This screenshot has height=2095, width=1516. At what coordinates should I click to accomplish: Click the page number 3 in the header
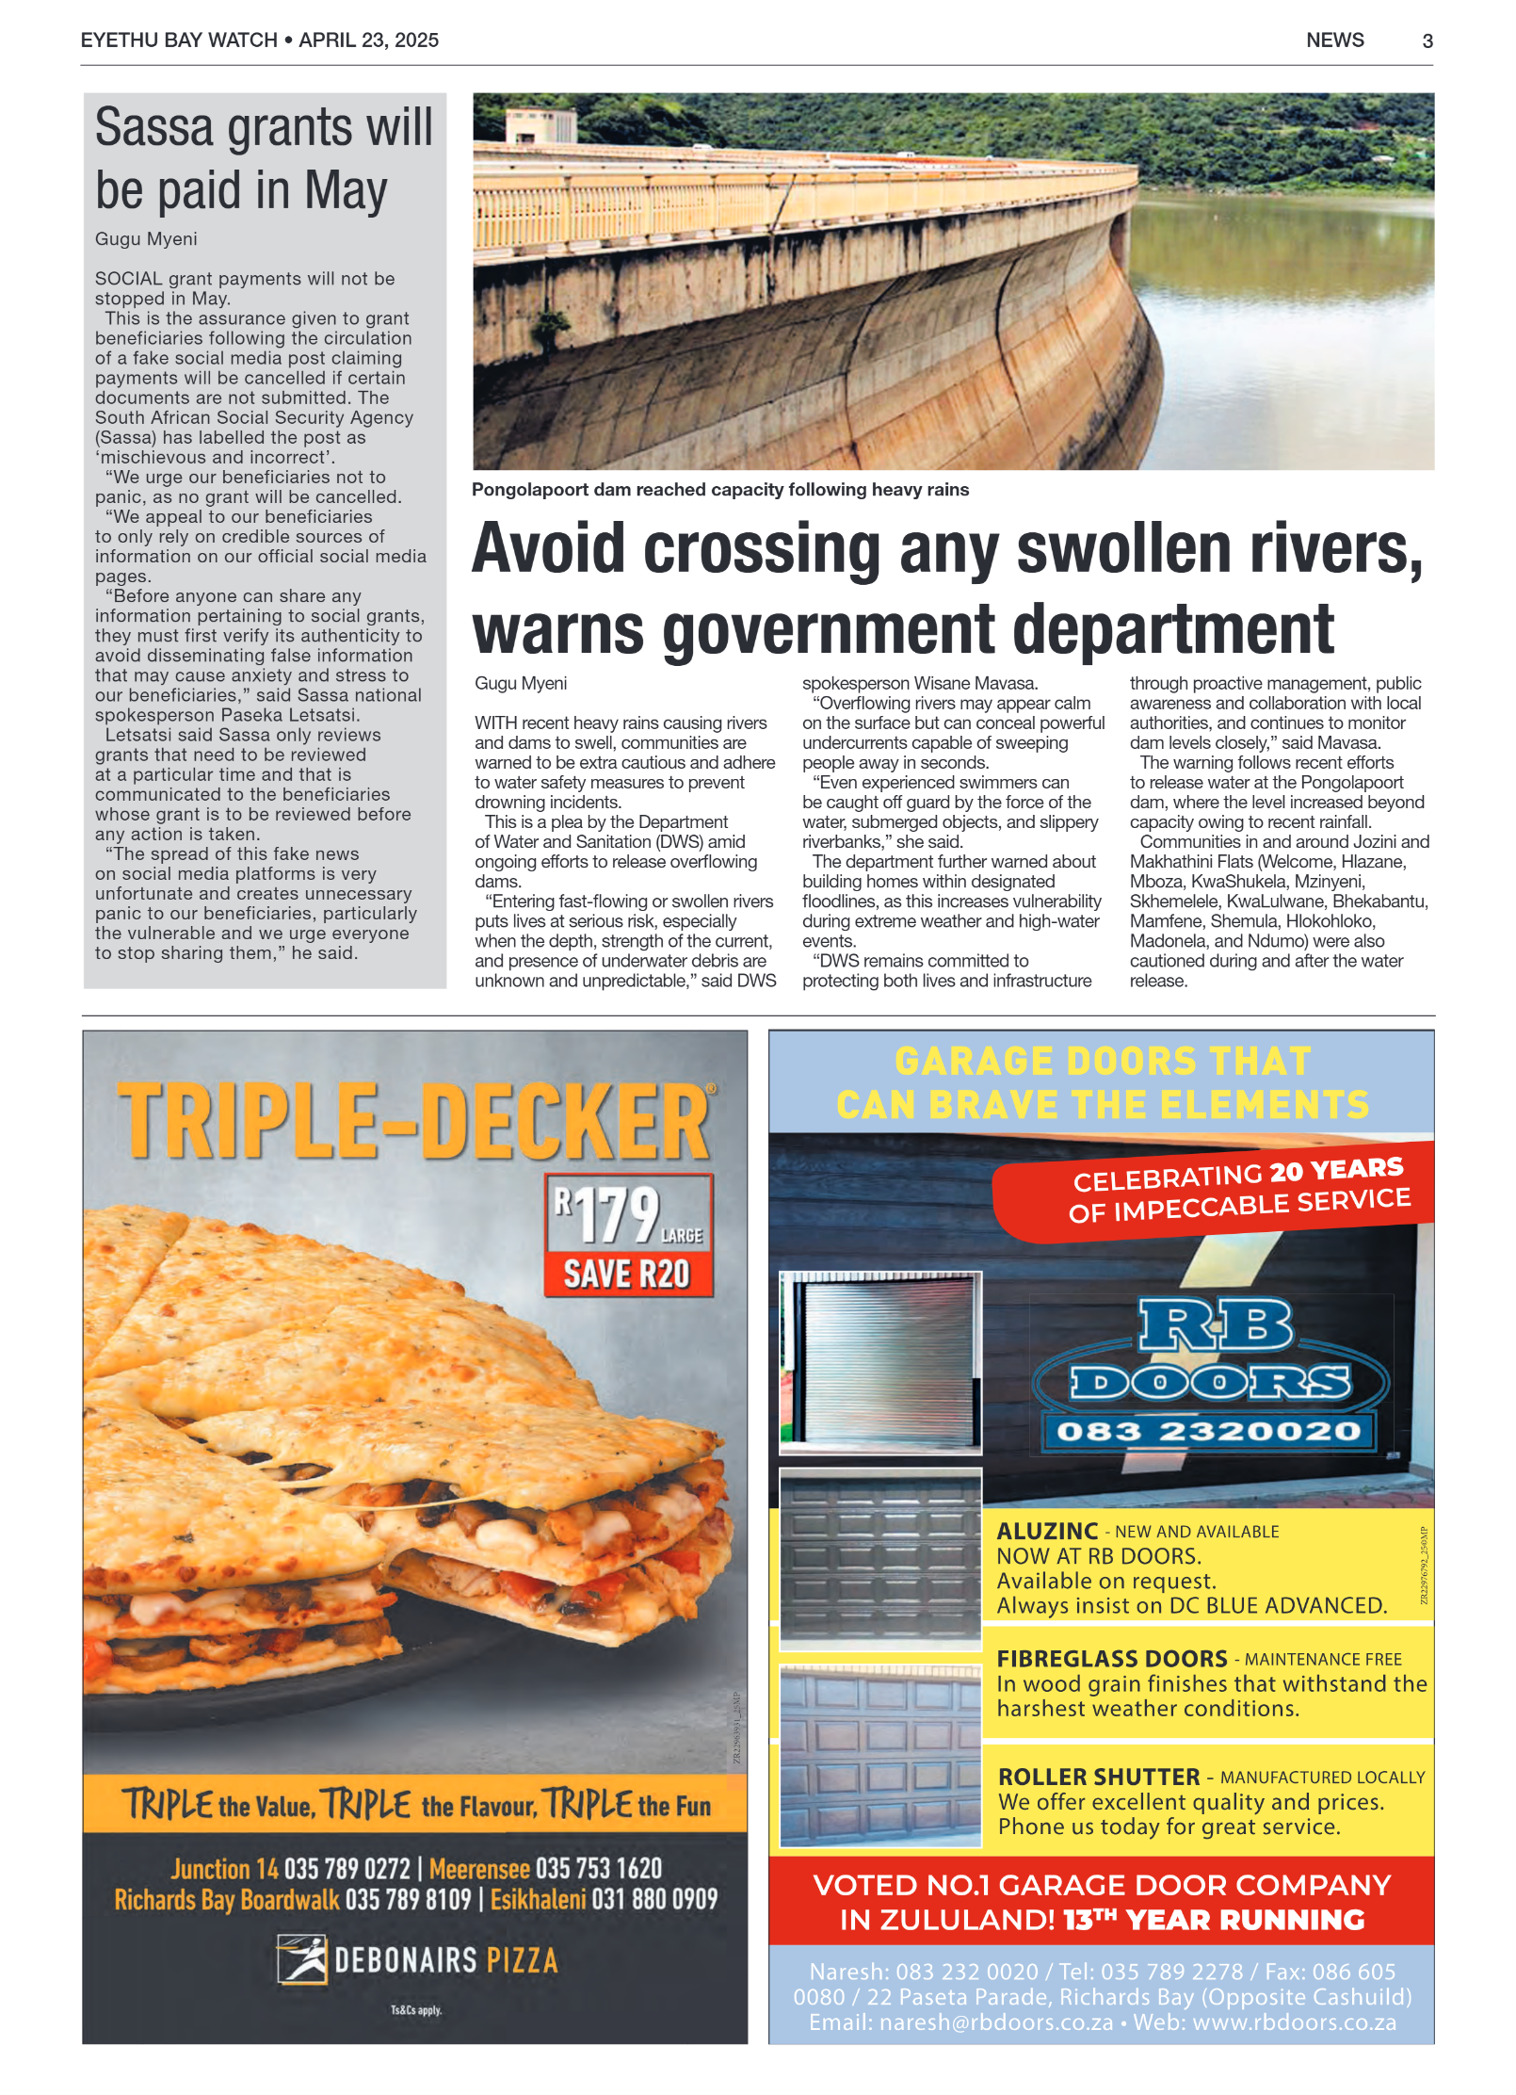coord(1427,41)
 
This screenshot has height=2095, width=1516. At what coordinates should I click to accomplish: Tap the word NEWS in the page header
coord(1334,41)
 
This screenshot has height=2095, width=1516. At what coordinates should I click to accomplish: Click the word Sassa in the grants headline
coord(153,127)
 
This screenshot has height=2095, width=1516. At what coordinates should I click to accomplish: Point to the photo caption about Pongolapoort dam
coord(719,490)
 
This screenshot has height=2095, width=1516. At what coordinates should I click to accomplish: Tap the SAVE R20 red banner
coord(627,1274)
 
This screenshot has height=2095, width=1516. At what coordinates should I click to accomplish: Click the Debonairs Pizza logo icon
coord(301,1959)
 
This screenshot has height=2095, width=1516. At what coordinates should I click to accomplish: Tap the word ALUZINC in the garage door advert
coord(1047,1532)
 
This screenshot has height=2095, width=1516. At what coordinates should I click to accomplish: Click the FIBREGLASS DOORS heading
coord(1111,1658)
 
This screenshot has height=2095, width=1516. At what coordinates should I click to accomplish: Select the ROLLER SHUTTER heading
coord(1098,1777)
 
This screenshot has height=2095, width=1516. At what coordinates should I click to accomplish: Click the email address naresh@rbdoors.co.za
coord(995,2022)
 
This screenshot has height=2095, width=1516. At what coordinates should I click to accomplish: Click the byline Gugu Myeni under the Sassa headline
coord(146,239)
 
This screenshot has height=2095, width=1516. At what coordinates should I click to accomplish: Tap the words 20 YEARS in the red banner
coord(1336,1170)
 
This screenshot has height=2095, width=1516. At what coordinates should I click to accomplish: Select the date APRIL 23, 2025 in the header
coord(368,41)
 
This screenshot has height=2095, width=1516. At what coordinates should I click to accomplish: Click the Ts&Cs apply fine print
coord(416,2010)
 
